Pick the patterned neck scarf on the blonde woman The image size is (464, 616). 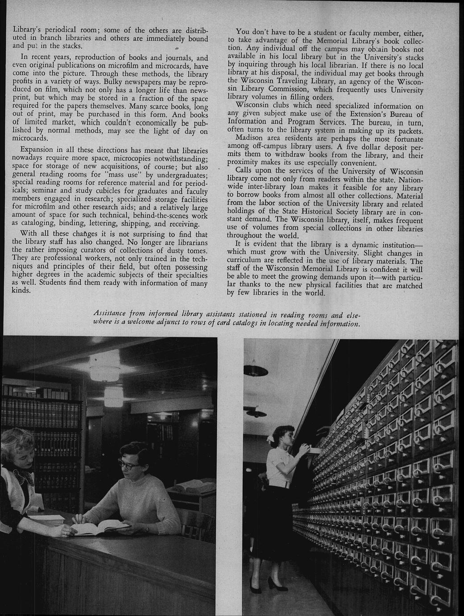[27, 475]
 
